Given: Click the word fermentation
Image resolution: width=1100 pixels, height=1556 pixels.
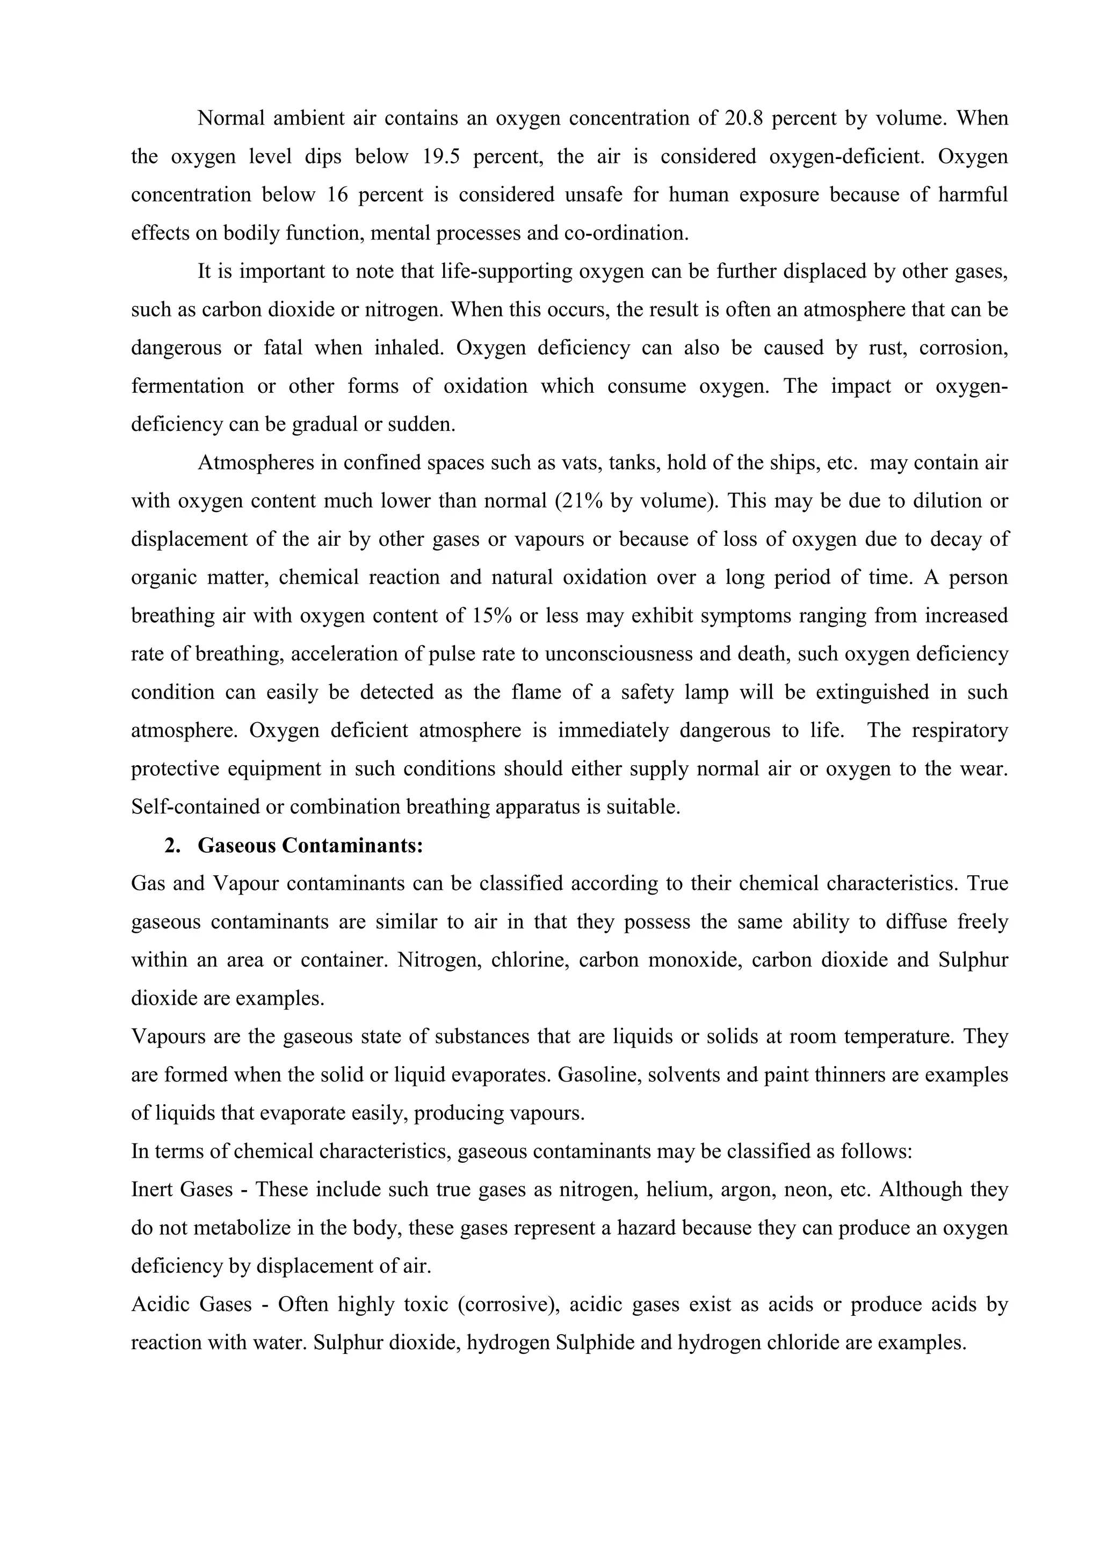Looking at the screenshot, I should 187,386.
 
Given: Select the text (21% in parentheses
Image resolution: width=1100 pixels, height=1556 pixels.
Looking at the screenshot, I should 577,501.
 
